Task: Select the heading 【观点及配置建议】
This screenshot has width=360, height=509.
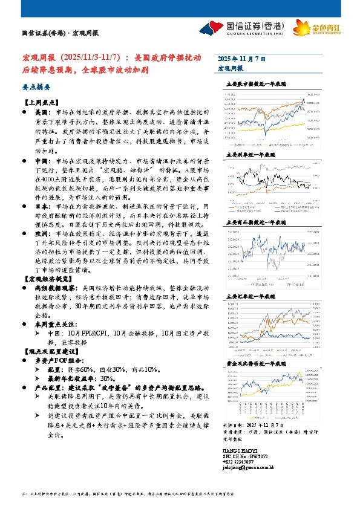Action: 49,351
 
